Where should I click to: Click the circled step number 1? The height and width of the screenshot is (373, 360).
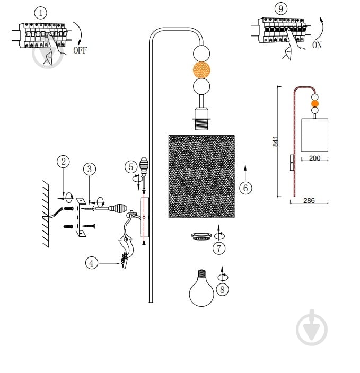[41, 13]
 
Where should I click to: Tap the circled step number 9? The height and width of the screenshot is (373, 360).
[281, 9]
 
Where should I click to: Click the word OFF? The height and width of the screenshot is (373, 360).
[80, 50]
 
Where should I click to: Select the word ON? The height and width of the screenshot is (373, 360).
[317, 45]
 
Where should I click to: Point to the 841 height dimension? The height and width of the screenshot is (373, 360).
[275, 141]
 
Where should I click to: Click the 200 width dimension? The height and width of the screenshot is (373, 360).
[314, 158]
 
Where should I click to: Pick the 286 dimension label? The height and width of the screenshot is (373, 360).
[309, 200]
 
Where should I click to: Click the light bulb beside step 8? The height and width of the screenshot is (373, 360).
[201, 288]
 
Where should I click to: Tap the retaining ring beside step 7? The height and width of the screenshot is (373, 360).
[201, 236]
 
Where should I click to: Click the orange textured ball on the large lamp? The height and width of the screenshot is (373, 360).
[201, 70]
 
